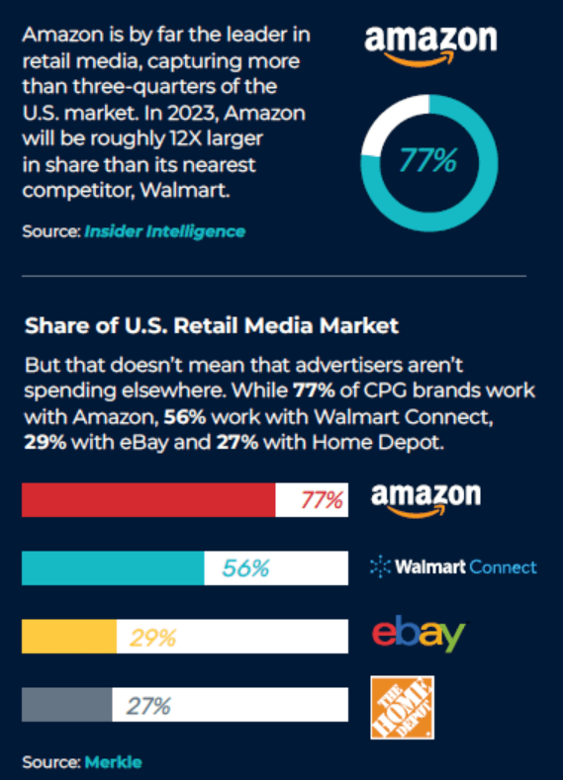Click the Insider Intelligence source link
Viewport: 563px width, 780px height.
164,231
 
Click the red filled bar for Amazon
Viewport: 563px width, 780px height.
148,500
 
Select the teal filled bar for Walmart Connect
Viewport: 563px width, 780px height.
113,567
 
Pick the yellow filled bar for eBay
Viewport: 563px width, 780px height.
68,637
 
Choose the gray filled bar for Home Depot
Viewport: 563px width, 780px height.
66,705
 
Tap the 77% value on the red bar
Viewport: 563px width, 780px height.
322,500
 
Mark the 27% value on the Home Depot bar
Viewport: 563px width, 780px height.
148,705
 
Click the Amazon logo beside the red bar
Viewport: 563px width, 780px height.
425,499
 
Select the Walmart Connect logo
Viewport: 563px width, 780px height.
452,566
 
